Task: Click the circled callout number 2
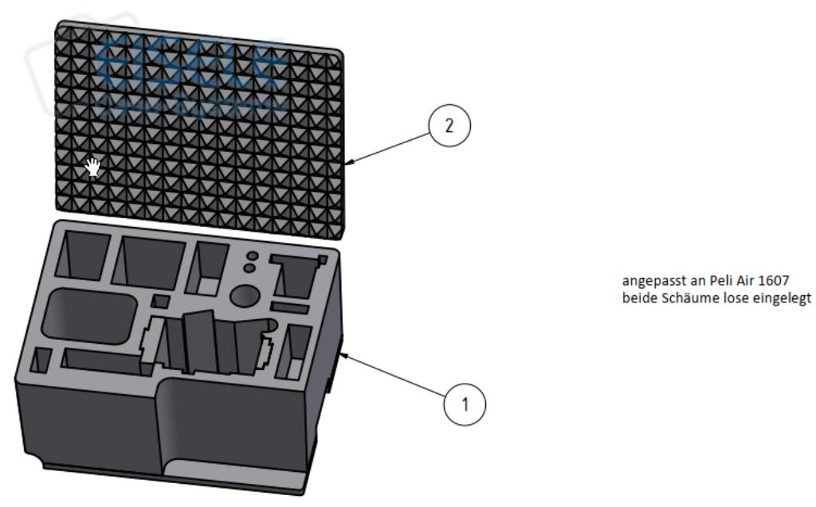pyautogui.click(x=449, y=127)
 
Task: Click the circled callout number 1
pyautogui.click(x=464, y=404)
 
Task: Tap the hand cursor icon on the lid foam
pyautogui.click(x=93, y=166)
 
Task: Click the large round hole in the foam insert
pyautogui.click(x=245, y=296)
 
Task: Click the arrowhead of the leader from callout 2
pyautogui.click(x=350, y=162)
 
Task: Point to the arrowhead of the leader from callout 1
pyautogui.click(x=343, y=356)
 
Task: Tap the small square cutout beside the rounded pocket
pyautogui.click(x=160, y=301)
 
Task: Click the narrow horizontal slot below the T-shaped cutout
pyautogui.click(x=288, y=307)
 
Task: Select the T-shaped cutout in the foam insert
pyautogui.click(x=296, y=271)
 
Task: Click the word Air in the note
pyautogui.click(x=739, y=280)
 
